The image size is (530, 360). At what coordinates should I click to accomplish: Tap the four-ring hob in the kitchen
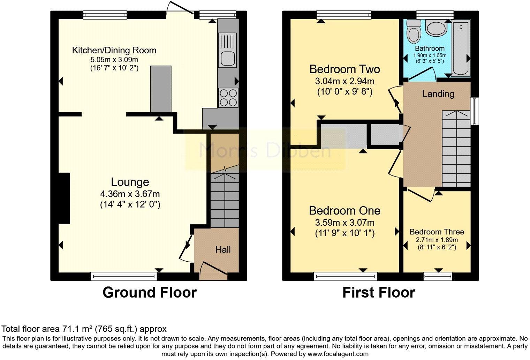tap(228, 97)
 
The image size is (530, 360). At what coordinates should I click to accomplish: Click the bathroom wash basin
tap(434, 28)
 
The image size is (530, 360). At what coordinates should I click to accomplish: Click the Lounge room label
tap(130, 182)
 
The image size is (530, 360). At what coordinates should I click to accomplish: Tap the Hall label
tap(223, 250)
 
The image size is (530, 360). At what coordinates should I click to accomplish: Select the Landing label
tap(438, 94)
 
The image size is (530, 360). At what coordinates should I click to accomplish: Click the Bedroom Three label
tap(437, 232)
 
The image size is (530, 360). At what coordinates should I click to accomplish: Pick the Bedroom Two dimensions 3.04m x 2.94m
tap(344, 81)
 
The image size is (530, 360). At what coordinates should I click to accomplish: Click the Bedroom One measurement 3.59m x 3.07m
tap(344, 223)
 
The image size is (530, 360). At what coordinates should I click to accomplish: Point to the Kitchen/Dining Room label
tap(114, 50)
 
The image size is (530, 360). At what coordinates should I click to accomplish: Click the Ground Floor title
tap(150, 292)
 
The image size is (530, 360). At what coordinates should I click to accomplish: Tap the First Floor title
tap(379, 292)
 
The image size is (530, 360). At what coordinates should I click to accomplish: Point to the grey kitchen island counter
tap(161, 89)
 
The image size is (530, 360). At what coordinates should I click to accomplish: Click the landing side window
tap(474, 111)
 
